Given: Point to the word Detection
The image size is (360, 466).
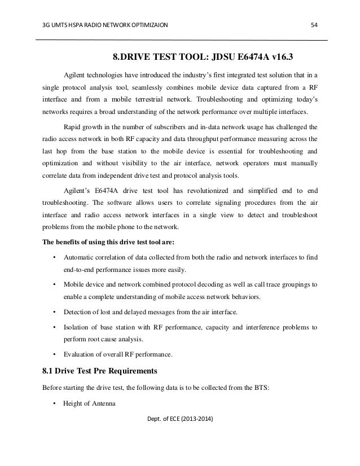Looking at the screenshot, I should click(x=78, y=311).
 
